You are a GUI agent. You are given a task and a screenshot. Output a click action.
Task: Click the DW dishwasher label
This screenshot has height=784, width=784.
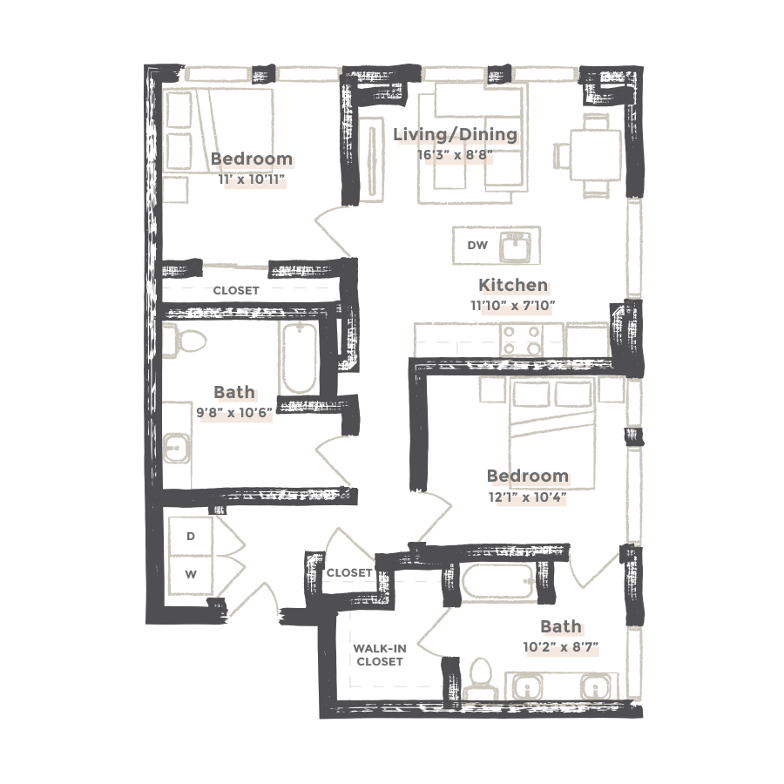coord(477,246)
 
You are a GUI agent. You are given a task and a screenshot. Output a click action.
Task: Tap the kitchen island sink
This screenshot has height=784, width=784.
coord(519,246)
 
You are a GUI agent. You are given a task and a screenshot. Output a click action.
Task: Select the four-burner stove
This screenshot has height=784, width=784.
coord(522,339)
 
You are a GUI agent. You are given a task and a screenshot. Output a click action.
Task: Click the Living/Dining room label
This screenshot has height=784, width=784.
coord(455,135)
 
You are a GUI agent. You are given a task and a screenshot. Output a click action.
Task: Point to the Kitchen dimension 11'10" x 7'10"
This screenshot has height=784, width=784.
coord(513,305)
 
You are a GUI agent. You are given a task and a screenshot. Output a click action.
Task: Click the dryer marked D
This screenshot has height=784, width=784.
coord(191,537)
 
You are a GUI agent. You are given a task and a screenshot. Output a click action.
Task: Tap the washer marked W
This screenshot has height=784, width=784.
coord(191,576)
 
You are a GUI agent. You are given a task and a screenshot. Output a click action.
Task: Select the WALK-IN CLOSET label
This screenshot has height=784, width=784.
coord(379,654)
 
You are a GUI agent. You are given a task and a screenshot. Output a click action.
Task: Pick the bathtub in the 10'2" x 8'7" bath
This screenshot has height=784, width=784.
coord(496,583)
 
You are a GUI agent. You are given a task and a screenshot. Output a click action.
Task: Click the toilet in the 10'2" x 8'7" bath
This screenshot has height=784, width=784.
coord(480,679)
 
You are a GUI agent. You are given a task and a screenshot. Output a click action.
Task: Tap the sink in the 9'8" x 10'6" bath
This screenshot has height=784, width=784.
coord(175,449)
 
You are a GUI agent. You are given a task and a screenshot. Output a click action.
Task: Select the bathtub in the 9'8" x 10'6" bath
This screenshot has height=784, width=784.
coord(300,357)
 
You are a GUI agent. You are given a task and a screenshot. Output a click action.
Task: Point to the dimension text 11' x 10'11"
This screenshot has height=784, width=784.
coord(252,179)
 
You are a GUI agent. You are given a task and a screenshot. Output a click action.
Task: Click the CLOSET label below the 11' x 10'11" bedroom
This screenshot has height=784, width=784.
coord(236,290)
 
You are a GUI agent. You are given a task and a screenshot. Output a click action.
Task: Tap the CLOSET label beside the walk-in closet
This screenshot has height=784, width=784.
coord(349,573)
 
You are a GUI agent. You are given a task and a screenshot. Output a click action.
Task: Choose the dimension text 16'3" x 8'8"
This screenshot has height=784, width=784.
coord(455,156)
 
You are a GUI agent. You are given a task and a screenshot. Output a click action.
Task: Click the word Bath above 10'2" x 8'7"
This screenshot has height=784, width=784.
coord(560,626)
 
